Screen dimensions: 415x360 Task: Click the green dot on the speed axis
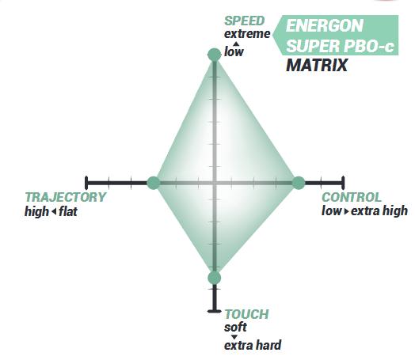(x=215, y=55)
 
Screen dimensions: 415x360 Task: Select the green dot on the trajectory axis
(x=154, y=183)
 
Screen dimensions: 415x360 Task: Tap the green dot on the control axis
(x=299, y=183)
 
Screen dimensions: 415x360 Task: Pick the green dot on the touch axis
(x=215, y=278)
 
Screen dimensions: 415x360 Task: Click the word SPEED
(x=244, y=21)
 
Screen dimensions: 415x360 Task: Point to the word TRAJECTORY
(x=66, y=197)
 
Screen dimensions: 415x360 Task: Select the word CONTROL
(x=352, y=197)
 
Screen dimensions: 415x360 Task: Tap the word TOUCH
(x=246, y=314)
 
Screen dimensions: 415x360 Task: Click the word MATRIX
(x=317, y=65)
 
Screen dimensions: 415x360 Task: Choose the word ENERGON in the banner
(x=324, y=25)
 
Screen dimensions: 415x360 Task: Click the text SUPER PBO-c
(x=340, y=46)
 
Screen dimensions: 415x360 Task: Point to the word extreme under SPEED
(x=247, y=34)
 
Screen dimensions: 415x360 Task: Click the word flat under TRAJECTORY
(x=68, y=211)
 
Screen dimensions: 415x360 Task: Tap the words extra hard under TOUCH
(x=253, y=346)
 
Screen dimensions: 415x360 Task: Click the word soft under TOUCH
(x=235, y=328)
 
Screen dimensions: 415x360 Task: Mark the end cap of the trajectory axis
(x=86, y=183)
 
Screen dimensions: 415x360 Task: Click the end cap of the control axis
(x=343, y=183)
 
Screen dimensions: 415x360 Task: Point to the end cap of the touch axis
(x=215, y=311)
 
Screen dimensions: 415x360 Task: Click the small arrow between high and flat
(x=54, y=212)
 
